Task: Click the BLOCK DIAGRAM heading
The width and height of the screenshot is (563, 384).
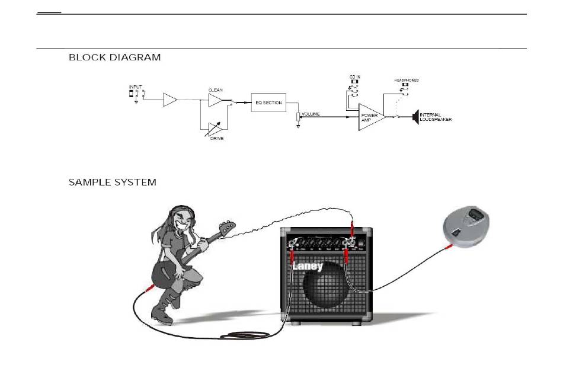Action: click(x=114, y=57)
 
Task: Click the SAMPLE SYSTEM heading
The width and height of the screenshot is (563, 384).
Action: click(x=113, y=183)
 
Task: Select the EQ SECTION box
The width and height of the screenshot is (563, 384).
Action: click(x=268, y=103)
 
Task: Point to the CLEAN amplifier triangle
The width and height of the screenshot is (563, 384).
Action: click(x=215, y=100)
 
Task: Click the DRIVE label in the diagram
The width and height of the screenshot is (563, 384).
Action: click(x=217, y=138)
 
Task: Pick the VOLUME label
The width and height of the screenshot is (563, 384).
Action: click(x=311, y=114)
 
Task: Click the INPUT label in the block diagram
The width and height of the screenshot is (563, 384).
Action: click(x=135, y=87)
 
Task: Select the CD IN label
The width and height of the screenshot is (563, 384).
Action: click(x=355, y=77)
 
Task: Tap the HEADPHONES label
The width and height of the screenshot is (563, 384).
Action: click(x=407, y=81)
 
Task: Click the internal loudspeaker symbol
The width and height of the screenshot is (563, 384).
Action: click(x=416, y=117)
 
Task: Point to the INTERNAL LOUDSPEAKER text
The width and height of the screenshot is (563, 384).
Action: click(x=436, y=117)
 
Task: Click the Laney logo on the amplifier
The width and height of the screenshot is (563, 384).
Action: click(x=308, y=266)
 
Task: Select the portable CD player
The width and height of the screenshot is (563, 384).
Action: click(x=466, y=226)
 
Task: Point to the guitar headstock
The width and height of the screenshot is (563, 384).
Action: click(x=227, y=227)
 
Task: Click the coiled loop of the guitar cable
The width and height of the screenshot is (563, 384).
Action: click(x=245, y=335)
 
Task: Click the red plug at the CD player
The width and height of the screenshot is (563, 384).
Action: click(x=449, y=247)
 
